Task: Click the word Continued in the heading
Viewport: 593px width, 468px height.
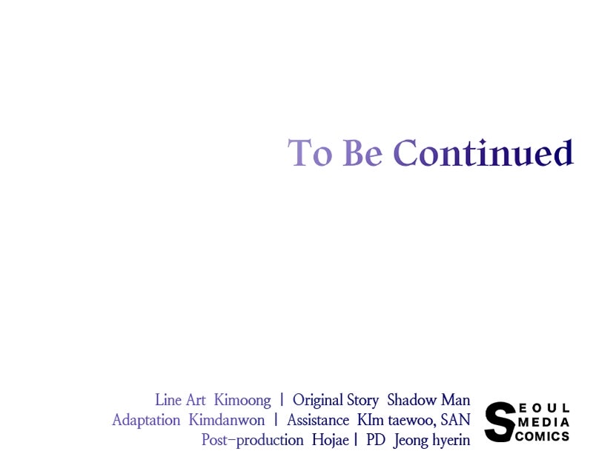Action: tap(483, 153)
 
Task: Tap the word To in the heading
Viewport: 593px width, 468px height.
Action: tap(310, 153)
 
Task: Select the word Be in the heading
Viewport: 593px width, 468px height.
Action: tap(362, 153)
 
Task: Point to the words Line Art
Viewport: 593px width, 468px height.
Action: tap(180, 400)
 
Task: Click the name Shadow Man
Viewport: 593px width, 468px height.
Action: tap(428, 400)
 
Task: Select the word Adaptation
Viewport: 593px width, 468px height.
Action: tap(146, 421)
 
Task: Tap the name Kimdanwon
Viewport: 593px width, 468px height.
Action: tap(227, 420)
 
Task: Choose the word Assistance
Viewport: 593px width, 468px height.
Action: tap(318, 420)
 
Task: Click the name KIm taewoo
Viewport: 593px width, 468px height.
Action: tap(397, 420)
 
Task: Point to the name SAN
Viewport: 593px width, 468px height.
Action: tap(455, 420)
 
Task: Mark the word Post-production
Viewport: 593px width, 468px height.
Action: tap(252, 441)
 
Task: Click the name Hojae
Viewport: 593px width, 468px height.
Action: tap(330, 441)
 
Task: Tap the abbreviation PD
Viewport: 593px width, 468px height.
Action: tap(376, 440)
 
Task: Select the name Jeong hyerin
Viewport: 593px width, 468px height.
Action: tap(432, 441)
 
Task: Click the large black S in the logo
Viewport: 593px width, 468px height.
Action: tap(500, 422)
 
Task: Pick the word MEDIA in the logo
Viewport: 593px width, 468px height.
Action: tap(544, 422)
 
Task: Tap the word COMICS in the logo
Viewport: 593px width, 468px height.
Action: tap(543, 436)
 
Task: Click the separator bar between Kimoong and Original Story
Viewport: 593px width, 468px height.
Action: tap(282, 400)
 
